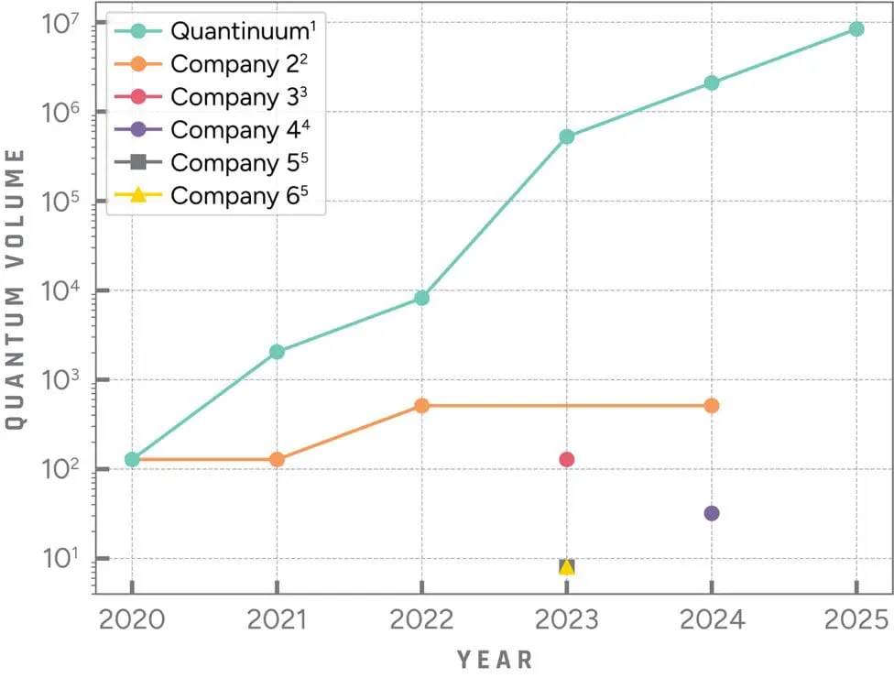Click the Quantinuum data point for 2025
tap(856, 29)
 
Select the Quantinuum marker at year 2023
tap(567, 137)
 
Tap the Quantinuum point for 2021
tap(277, 352)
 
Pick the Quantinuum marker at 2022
tap(421, 298)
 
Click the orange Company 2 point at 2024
tap(712, 405)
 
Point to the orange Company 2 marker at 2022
tap(421, 405)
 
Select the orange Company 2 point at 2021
tap(277, 459)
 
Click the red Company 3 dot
tap(567, 459)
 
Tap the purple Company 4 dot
tap(712, 513)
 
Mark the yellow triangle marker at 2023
tap(567, 566)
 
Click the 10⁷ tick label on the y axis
tap(63, 24)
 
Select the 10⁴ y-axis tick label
tap(63, 292)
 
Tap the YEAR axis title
tap(495, 659)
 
